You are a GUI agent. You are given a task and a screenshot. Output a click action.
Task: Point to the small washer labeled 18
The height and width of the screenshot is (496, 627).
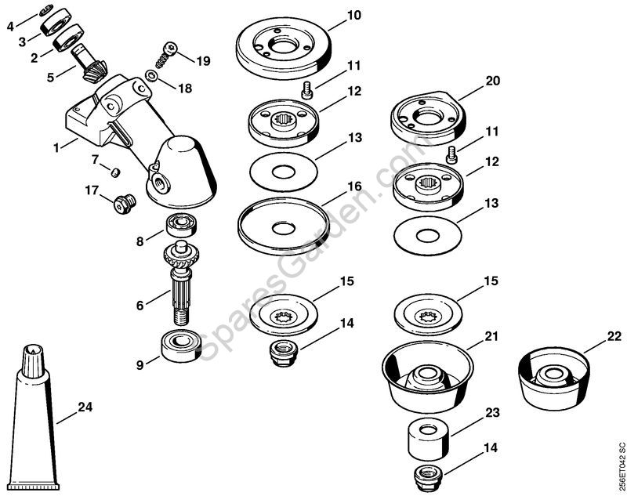click(x=151, y=77)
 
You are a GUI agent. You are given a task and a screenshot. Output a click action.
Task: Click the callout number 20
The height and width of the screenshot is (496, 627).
click(x=492, y=81)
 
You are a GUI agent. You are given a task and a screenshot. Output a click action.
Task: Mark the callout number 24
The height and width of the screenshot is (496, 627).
click(x=85, y=407)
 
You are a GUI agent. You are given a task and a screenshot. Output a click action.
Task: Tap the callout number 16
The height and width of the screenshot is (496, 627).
click(x=354, y=187)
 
